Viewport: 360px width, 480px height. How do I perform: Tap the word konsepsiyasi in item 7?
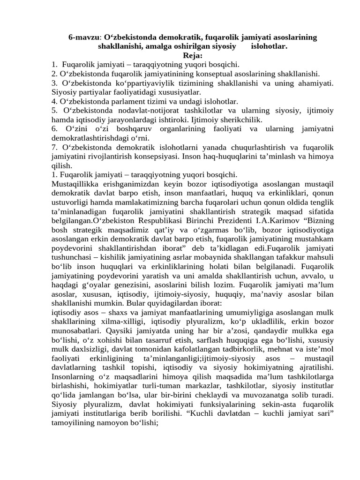pyautogui.click(x=151, y=156)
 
